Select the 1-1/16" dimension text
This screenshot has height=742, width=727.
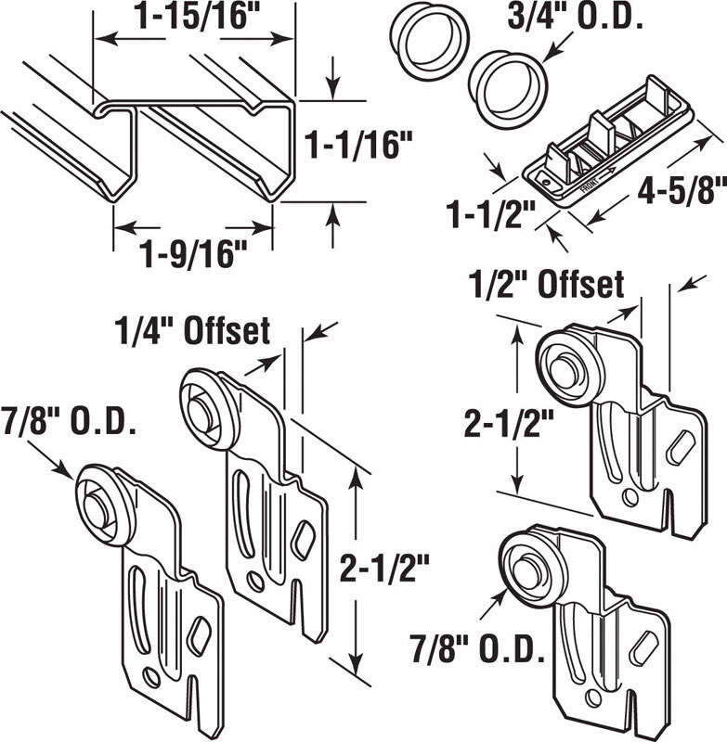(360, 144)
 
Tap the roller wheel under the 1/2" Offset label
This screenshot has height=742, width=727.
(565, 364)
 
